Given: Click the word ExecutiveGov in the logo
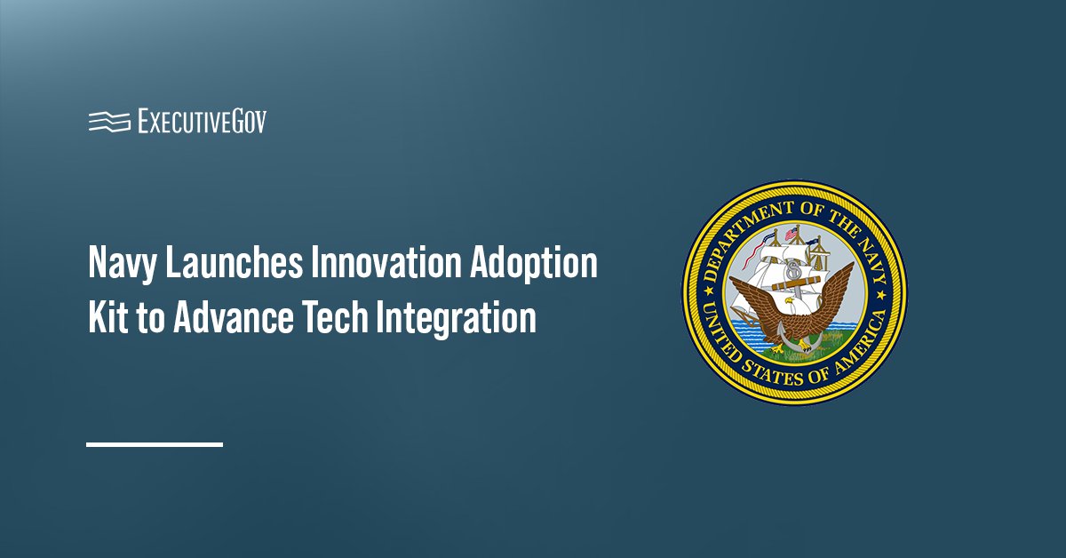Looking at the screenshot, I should click(202, 121).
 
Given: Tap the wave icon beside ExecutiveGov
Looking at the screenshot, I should click(110, 121).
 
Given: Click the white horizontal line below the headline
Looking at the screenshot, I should click(155, 443).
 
